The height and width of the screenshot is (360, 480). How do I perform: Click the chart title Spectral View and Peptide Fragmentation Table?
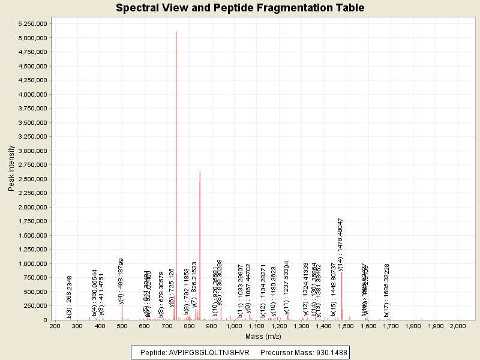click(x=240, y=8)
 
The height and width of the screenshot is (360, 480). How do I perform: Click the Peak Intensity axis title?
click(x=11, y=171)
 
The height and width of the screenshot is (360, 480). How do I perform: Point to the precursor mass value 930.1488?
click(x=325, y=352)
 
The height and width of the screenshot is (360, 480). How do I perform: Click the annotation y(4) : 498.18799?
click(x=122, y=282)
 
